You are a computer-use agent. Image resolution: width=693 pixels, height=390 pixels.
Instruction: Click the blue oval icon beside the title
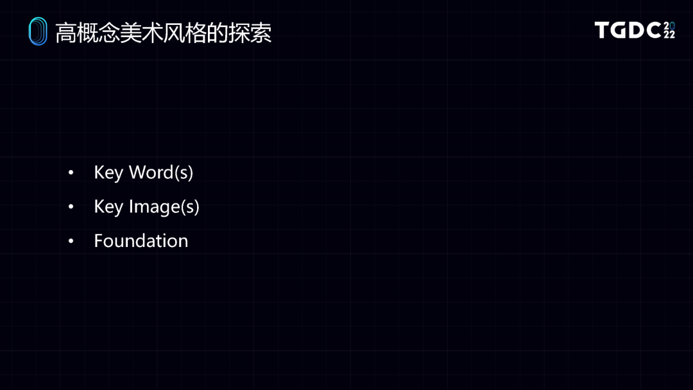[38, 31]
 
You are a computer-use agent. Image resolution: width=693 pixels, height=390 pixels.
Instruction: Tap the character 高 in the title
[67, 33]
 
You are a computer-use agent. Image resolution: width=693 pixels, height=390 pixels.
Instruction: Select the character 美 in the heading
[132, 33]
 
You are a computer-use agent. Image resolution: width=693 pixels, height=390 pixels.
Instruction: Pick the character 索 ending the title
[261, 33]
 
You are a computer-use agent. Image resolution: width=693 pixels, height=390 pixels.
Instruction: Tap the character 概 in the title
[89, 33]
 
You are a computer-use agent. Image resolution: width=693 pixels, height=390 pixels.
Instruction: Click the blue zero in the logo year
[672, 26]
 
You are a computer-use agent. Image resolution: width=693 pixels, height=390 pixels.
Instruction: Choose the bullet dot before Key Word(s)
[71, 173]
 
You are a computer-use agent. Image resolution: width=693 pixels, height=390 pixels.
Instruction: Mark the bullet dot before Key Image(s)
[71, 207]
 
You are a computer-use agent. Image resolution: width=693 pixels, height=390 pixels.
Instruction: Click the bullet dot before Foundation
[71, 241]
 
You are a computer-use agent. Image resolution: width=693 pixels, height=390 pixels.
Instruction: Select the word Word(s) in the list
[160, 173]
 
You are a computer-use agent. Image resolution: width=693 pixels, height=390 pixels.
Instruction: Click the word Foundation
[141, 241]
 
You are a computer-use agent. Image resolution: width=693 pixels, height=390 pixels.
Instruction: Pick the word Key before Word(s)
[108, 173]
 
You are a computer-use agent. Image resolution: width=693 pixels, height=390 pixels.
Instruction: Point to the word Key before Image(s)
[108, 207]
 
